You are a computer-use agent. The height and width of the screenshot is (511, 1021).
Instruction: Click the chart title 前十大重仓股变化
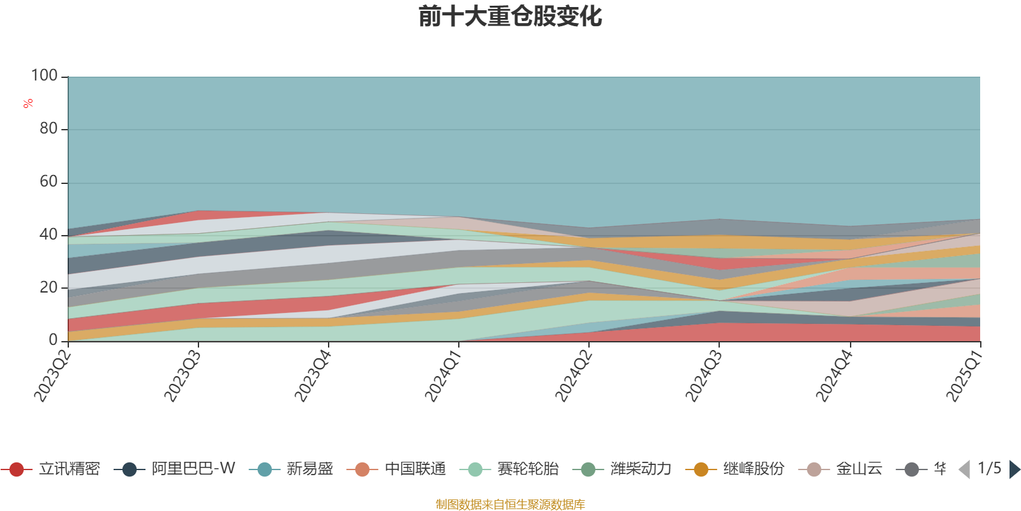click(511, 17)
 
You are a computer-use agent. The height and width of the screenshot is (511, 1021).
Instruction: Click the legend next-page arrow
click(1014, 469)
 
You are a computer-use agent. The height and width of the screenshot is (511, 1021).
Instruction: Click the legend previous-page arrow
click(964, 469)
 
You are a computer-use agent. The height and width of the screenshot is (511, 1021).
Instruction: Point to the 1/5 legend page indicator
click(989, 468)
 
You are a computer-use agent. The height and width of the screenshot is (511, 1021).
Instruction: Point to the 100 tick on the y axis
click(45, 76)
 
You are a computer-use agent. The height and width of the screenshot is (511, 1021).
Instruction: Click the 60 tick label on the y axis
click(48, 182)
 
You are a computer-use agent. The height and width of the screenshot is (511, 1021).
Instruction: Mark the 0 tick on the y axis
click(54, 340)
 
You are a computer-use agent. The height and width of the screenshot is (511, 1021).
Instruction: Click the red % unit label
click(27, 103)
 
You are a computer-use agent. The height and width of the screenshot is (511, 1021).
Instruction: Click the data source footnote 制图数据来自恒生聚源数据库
click(511, 505)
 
